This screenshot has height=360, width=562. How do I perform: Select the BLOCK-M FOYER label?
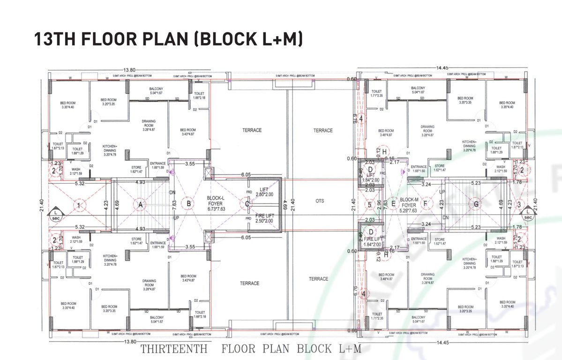(408, 202)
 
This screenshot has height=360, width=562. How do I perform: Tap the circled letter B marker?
(188, 204)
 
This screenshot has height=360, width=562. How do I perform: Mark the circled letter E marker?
(393, 204)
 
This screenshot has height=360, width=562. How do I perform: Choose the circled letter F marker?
(425, 204)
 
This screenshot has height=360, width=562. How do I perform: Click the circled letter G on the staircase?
(476, 204)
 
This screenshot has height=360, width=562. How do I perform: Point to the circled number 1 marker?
(80, 205)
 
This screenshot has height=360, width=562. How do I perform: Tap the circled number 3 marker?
(519, 204)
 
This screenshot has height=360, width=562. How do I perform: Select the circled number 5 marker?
(370, 204)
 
